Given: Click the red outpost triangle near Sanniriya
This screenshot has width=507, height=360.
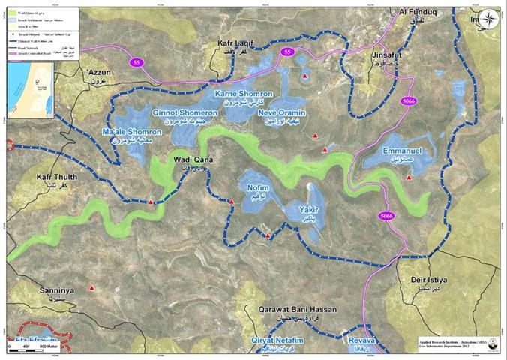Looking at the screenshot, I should [91, 287].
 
